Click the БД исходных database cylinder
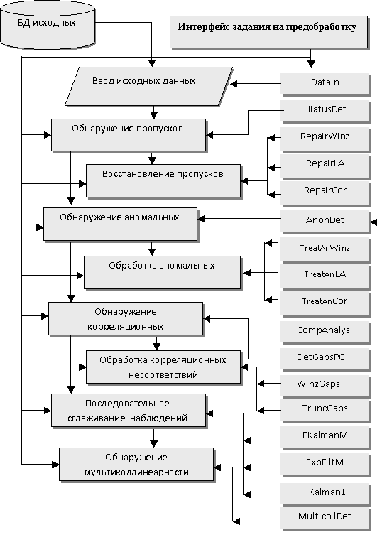[x=48, y=25]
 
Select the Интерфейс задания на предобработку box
[x=269, y=32]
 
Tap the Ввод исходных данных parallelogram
[x=149, y=86]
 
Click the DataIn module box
[x=325, y=85]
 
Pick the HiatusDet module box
[x=325, y=112]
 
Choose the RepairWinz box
[x=325, y=139]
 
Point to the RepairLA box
[x=325, y=166]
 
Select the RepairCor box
[x=325, y=193]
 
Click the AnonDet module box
[x=325, y=222]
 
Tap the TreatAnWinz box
[x=325, y=250]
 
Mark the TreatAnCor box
[x=325, y=304]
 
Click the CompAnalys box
[x=325, y=332]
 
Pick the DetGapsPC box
[x=325, y=359]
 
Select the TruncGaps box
[x=325, y=410]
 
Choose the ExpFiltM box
[x=325, y=465]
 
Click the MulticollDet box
[x=325, y=519]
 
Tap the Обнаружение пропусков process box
[x=129, y=135]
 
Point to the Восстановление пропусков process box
[x=163, y=181]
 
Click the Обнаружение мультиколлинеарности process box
[x=136, y=465]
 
